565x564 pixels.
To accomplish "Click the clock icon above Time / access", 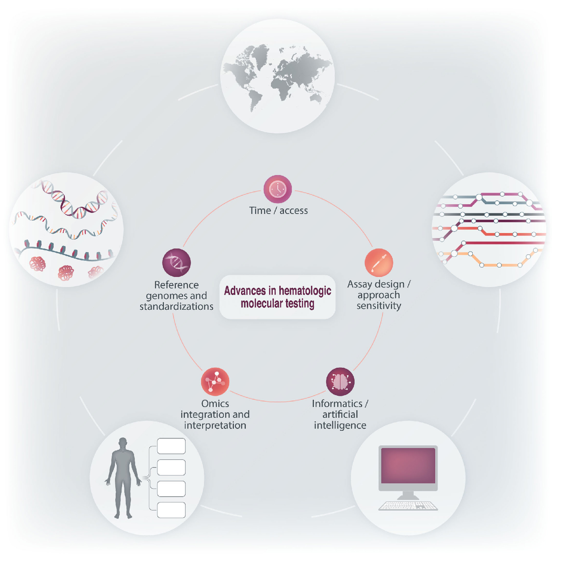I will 277,189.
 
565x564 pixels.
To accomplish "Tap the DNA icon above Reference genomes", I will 177,263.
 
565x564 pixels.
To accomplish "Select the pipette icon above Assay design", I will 379,263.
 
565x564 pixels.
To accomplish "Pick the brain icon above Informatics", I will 340,382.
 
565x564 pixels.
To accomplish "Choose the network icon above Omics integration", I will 215,382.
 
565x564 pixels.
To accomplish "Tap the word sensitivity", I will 379,306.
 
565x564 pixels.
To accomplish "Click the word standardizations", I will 177,306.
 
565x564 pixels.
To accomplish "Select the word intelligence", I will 340,425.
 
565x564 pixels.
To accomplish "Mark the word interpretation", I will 215,425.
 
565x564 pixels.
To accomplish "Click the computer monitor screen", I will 408,466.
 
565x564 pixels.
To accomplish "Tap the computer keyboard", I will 408,506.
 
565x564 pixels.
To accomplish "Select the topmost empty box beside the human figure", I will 171,446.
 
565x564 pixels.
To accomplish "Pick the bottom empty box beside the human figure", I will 171,510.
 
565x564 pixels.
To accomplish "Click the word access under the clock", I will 294,211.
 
